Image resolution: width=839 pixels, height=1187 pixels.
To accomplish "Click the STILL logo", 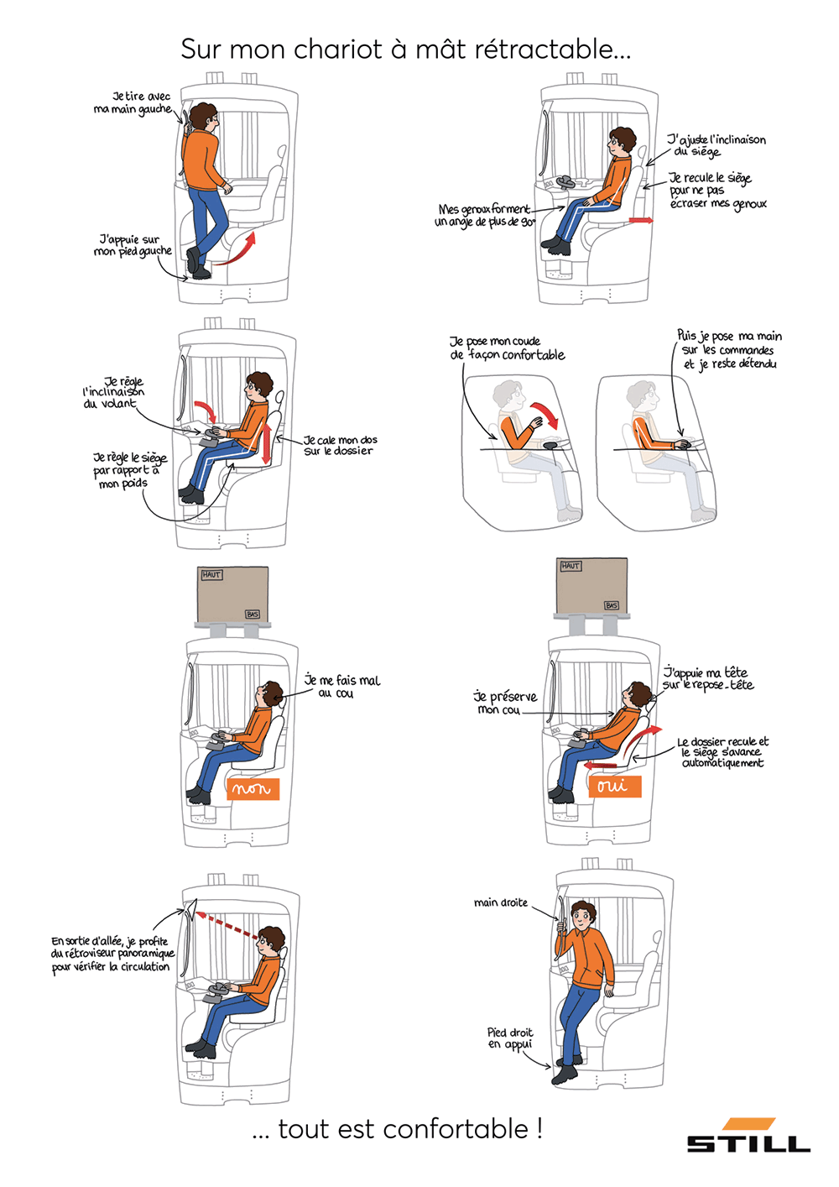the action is click(x=748, y=1135).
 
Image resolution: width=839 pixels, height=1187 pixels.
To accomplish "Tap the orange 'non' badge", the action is click(x=253, y=789).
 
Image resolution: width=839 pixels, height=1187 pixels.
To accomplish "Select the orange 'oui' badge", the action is click(x=615, y=787).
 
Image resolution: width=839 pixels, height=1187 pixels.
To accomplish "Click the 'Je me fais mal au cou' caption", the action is click(x=342, y=686).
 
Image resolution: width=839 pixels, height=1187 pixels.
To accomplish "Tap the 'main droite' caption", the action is click(x=501, y=902).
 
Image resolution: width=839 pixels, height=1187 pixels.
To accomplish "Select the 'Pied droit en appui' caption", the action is click(x=509, y=1038).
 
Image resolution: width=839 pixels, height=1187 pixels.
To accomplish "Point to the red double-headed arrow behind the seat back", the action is click(x=268, y=437).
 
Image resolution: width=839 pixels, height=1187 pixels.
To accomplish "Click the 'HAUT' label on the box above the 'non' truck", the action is click(x=211, y=575).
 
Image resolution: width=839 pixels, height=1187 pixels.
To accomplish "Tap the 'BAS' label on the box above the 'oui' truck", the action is click(x=612, y=605).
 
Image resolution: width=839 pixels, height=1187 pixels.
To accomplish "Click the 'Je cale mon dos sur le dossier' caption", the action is click(x=340, y=445).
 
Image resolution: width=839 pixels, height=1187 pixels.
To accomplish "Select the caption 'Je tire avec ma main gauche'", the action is click(x=133, y=102).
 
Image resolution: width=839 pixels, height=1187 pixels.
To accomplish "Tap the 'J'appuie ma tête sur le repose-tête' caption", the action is click(x=708, y=679).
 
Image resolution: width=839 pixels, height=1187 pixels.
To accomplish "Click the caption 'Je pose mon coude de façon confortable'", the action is click(x=507, y=348).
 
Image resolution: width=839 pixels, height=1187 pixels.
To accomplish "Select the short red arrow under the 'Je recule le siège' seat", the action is click(x=640, y=220).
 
